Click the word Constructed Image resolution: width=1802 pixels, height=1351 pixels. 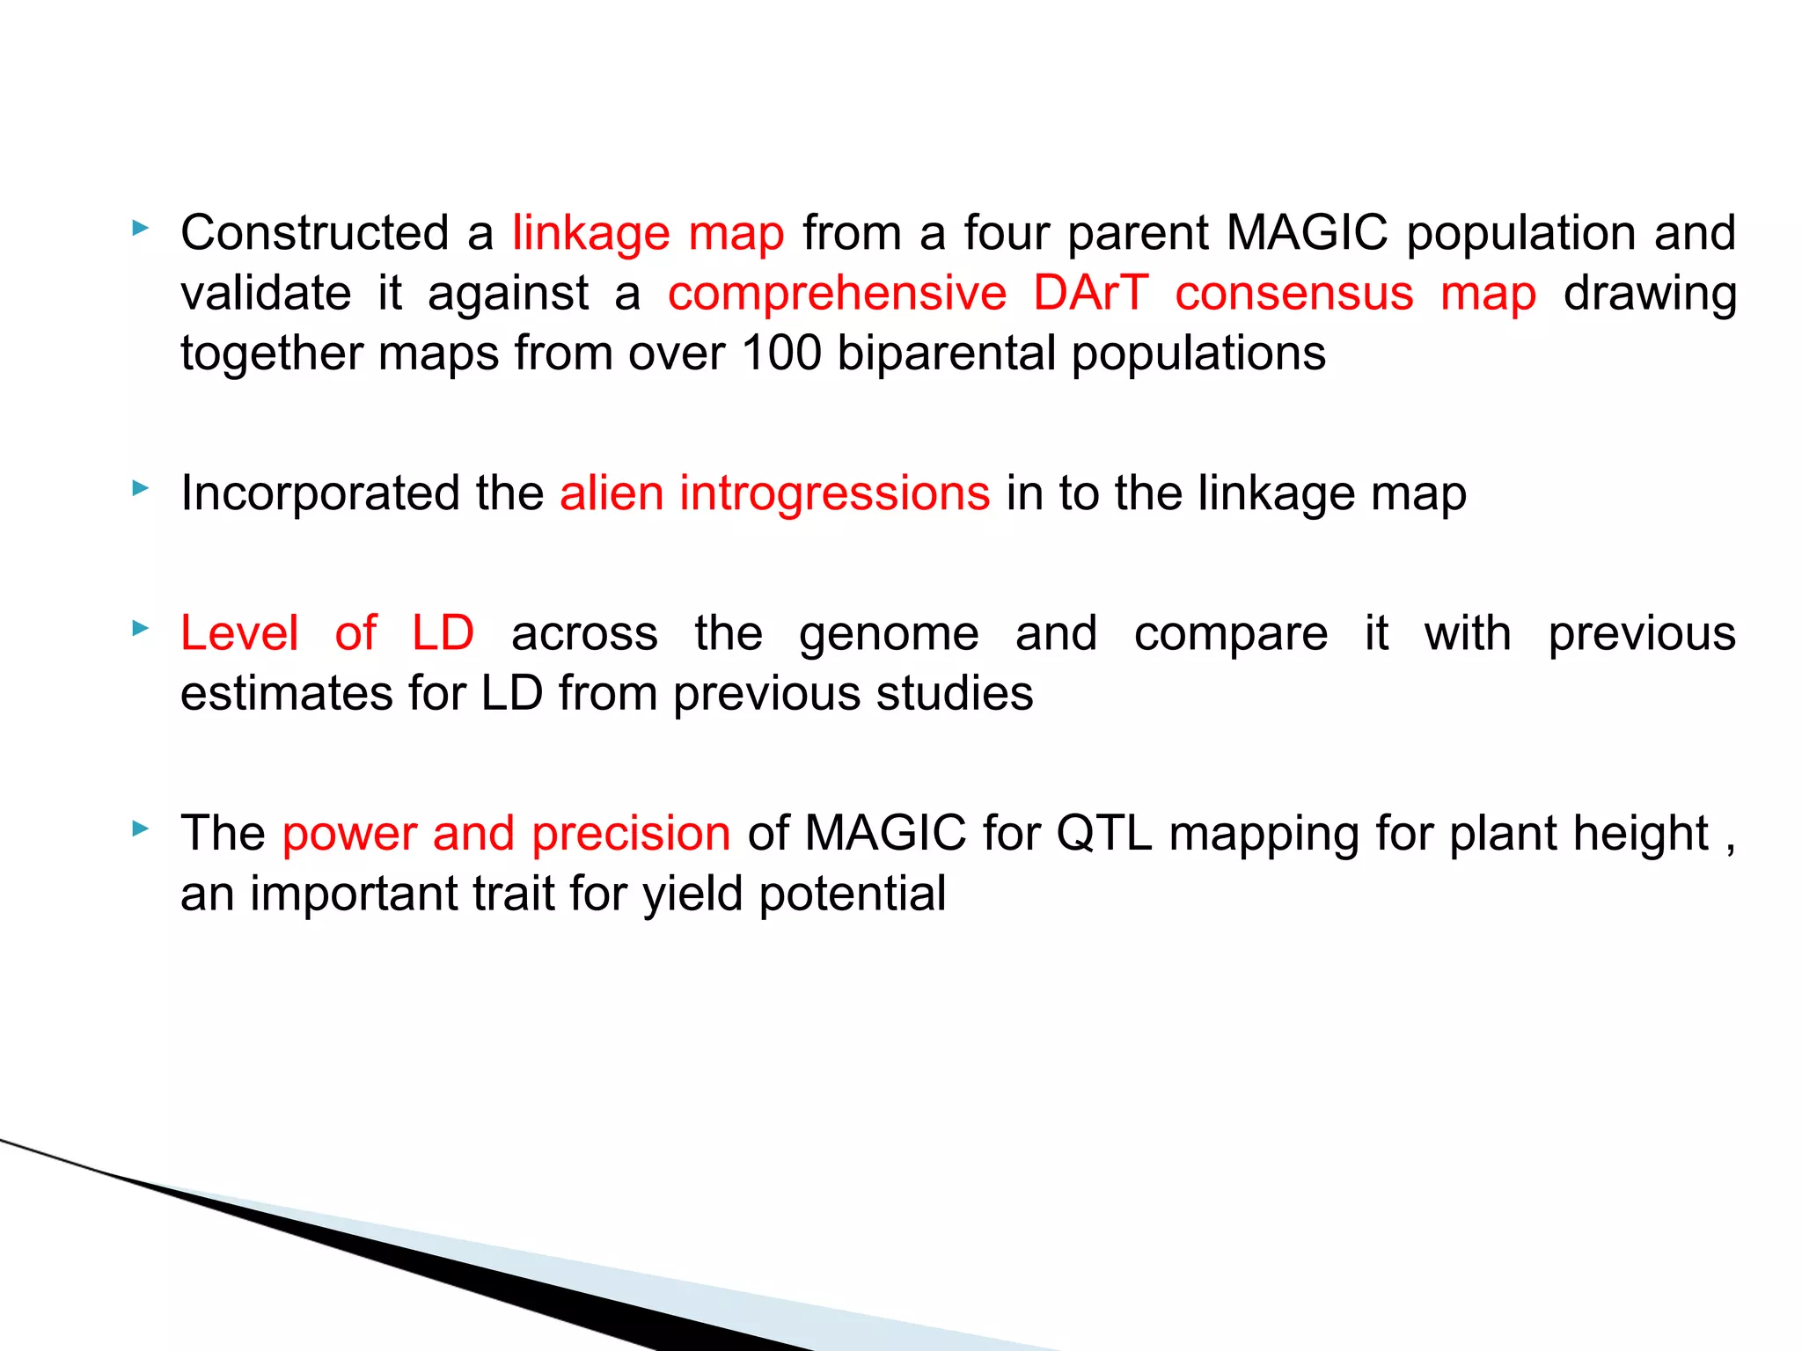pyautogui.click(x=315, y=233)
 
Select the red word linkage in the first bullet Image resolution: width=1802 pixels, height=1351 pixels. pyautogui.click(x=591, y=235)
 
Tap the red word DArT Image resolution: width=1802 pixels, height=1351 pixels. pyautogui.click(x=1091, y=293)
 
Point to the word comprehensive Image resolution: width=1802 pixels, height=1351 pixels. pyautogui.click(x=837, y=295)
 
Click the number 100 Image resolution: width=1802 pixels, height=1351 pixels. pyautogui.click(x=781, y=353)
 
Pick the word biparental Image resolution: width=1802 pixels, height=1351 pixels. pyautogui.click(x=945, y=354)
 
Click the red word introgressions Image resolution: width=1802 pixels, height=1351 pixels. pyautogui.click(x=834, y=493)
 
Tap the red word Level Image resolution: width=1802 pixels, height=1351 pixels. pyautogui.click(x=239, y=633)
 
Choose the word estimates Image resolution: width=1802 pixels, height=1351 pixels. pyautogui.click(x=287, y=693)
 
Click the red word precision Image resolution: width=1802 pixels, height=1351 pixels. pyautogui.click(x=631, y=834)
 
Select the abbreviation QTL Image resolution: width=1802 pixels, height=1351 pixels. pyautogui.click(x=1103, y=833)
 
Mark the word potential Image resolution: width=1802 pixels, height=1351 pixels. pyautogui.click(x=852, y=895)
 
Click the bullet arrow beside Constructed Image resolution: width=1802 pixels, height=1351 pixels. pyautogui.click(x=140, y=229)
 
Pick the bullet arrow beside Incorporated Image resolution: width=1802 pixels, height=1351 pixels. pyautogui.click(x=140, y=488)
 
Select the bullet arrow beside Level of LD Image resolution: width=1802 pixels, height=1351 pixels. pyautogui.click(x=140, y=628)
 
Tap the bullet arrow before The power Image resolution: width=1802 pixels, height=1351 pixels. pyautogui.click(x=140, y=829)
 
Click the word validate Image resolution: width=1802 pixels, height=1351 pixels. pyautogui.click(x=266, y=293)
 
